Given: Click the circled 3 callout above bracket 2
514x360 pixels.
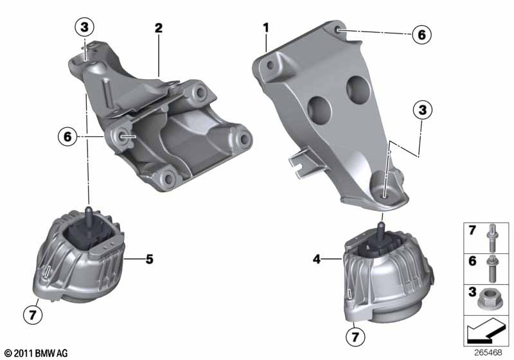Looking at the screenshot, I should point(84,27).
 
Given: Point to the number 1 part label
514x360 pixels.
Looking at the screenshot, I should point(265,28).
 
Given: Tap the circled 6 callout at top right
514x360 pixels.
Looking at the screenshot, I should point(421,34).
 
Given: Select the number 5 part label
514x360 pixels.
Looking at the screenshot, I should point(149,260).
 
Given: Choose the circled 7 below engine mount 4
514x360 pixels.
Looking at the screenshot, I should point(354,335).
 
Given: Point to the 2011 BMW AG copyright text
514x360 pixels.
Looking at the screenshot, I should point(36,353).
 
